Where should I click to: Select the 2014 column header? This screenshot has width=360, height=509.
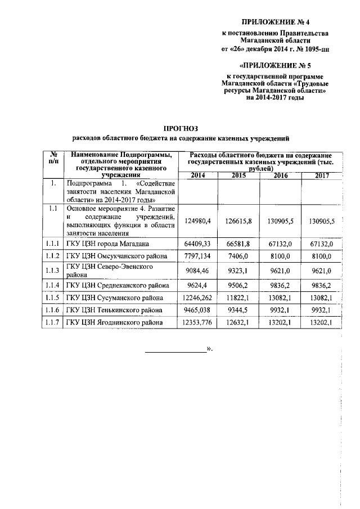pos(198,175)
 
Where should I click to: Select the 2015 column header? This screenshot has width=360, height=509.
pos(239,175)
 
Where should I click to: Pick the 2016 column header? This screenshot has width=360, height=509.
pos(280,175)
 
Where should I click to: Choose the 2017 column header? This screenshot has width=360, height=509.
pos(321,175)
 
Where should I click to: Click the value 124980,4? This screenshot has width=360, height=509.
pos(197,221)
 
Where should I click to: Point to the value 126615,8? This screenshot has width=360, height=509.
pos(239,221)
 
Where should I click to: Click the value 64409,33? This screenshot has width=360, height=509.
pos(197,244)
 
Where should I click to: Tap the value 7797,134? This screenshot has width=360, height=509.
pos(197,256)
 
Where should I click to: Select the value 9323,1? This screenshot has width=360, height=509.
pos(239,270)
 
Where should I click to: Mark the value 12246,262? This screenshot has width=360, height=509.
pos(197,297)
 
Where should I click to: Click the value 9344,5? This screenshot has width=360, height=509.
pos(239,309)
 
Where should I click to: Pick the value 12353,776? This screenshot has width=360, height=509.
pos(197,322)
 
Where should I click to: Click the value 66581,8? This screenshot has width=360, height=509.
pos(239,244)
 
